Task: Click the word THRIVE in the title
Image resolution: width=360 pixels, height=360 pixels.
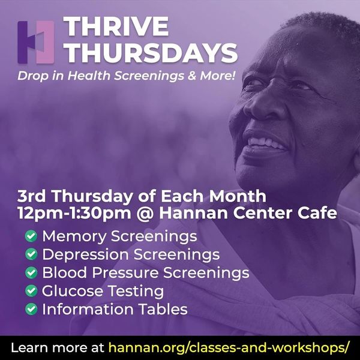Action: pyautogui.click(x=116, y=26)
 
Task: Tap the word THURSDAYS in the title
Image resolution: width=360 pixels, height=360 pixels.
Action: pyautogui.click(x=151, y=53)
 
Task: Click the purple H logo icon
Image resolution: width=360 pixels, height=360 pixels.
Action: pyautogui.click(x=36, y=42)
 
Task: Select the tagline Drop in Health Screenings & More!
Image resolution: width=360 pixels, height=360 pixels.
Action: pyautogui.click(x=127, y=76)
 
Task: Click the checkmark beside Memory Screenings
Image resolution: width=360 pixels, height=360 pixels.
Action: pyautogui.click(x=31, y=236)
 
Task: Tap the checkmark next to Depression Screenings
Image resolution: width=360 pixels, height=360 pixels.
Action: pyautogui.click(x=31, y=254)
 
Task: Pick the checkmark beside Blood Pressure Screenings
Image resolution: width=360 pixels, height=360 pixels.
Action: pyautogui.click(x=31, y=272)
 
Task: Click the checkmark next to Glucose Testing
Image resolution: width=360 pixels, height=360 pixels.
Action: pyautogui.click(x=31, y=290)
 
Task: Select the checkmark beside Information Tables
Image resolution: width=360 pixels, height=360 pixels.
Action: pyautogui.click(x=31, y=309)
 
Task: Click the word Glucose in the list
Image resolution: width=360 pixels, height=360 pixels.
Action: pyautogui.click(x=73, y=291)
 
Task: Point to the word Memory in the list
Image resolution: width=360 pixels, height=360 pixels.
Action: pyautogui.click(x=74, y=237)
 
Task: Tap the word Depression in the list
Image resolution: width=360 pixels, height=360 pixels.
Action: pyautogui.click(x=85, y=255)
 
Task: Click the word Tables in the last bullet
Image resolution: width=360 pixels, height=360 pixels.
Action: pyautogui.click(x=164, y=309)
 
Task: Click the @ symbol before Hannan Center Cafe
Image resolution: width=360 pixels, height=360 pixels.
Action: pyautogui.click(x=145, y=214)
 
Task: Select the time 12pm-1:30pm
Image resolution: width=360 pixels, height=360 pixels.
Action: pyautogui.click(x=74, y=214)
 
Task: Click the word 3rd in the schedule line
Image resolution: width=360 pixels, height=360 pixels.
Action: pyautogui.click(x=31, y=196)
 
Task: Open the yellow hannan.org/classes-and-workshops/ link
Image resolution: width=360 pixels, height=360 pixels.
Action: pyautogui.click(x=229, y=347)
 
